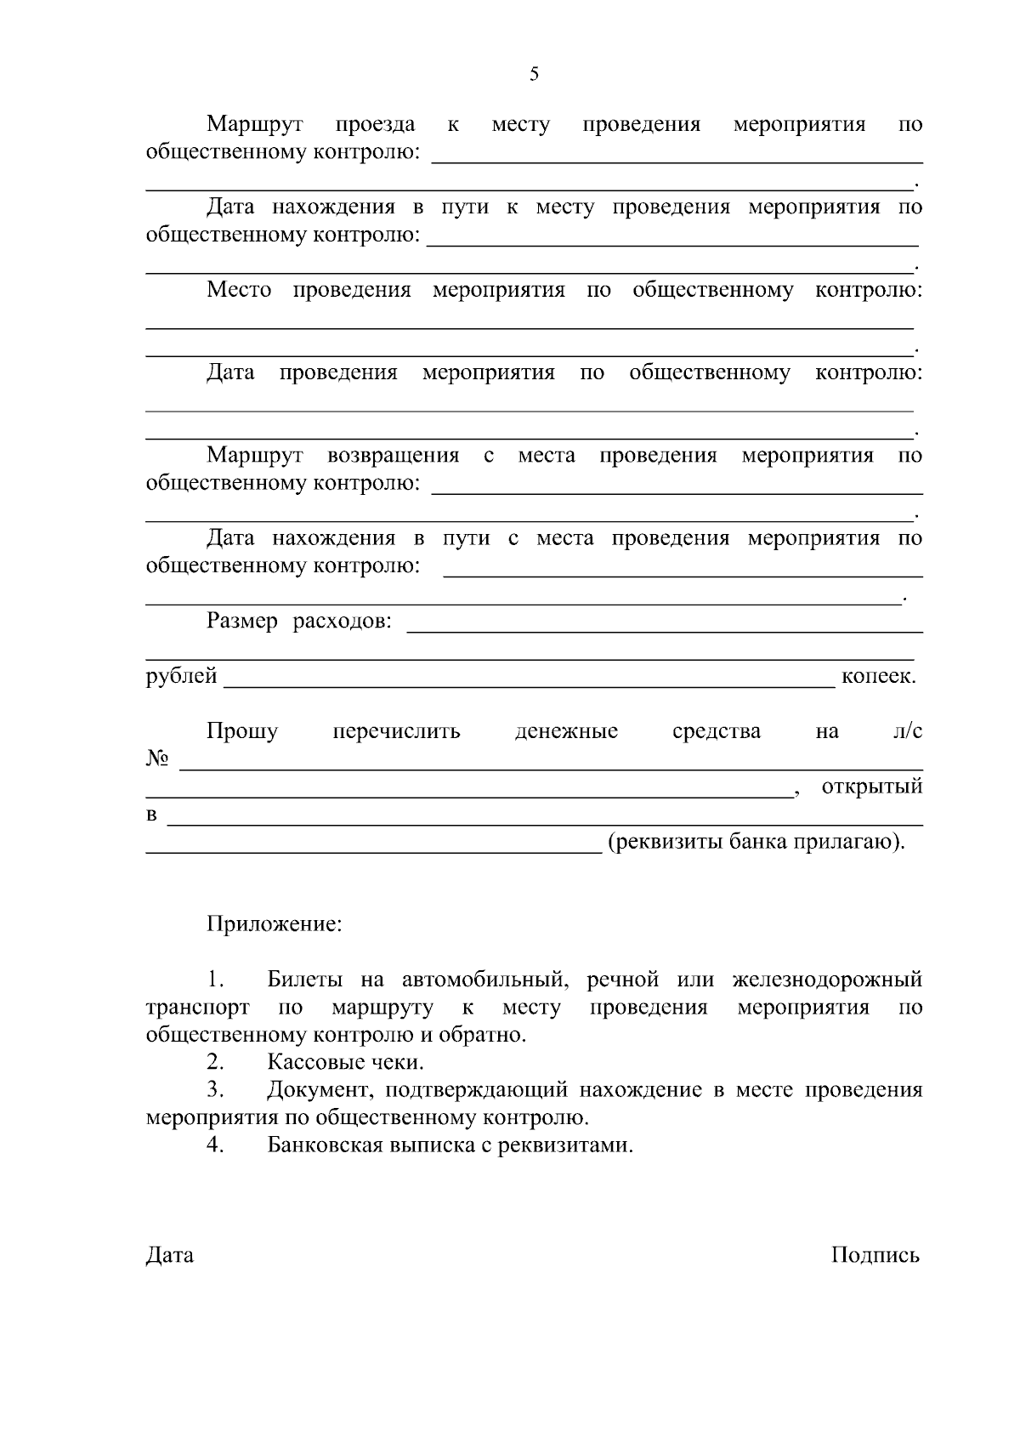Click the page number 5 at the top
tap(534, 74)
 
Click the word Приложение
tap(274, 923)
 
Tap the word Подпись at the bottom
tap(875, 1255)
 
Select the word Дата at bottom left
tap(170, 1255)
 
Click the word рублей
tap(182, 677)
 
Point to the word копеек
tap(878, 677)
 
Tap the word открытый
tap(871, 787)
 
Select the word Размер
tap(242, 622)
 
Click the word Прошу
tap(242, 731)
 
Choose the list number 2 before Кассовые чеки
tap(215, 1062)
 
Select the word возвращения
tap(394, 456)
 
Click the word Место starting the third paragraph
tap(239, 290)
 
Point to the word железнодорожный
tap(827, 980)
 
